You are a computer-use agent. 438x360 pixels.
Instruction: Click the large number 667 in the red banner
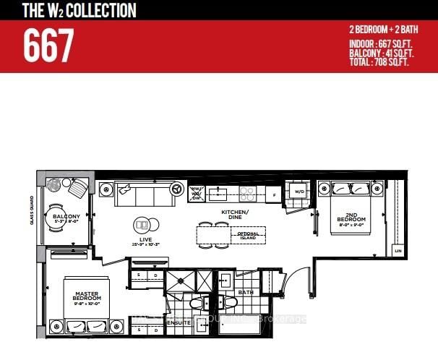pos(48,46)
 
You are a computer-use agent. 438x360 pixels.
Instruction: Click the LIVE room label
pos(143,240)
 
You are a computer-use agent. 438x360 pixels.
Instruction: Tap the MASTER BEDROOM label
pos(86,295)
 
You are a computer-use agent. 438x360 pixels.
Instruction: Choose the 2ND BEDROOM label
pos(351,218)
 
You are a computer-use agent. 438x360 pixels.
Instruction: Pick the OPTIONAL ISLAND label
pos(247,235)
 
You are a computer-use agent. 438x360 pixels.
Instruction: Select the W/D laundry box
pos(298,192)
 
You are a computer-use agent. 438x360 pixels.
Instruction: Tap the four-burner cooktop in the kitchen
pos(248,193)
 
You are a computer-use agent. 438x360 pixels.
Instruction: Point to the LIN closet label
pos(398,250)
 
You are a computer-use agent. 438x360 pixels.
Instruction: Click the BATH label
pos(245,292)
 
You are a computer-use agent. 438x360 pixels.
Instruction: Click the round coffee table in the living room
pos(143,224)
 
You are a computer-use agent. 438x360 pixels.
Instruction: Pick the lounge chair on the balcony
pos(77,189)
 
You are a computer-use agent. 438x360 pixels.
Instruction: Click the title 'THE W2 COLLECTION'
pos(69,10)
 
